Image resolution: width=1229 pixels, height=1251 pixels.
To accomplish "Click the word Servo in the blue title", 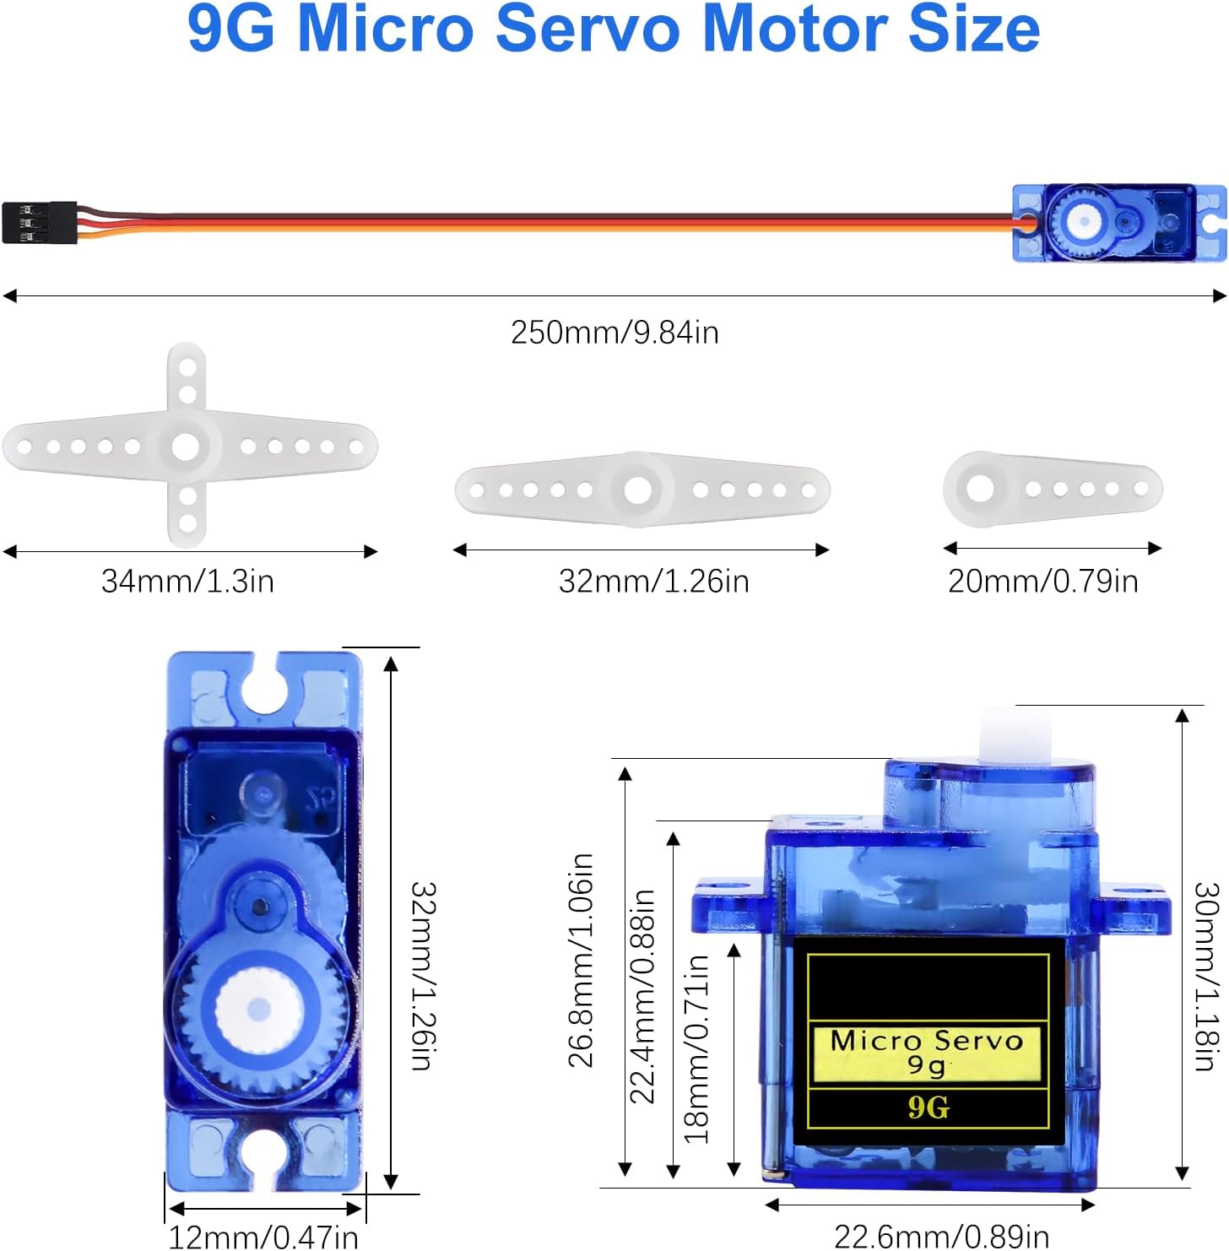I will coord(587,29).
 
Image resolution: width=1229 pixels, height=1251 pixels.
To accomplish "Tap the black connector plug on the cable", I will coord(39,223).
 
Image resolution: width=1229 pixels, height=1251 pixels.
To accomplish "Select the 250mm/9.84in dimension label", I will coord(614,333).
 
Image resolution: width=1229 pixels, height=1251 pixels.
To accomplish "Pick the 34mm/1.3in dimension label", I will coord(187,582).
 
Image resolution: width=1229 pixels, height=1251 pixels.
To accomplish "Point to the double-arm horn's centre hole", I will coord(638,490).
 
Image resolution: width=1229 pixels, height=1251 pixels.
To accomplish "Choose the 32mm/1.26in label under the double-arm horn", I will coord(653,582).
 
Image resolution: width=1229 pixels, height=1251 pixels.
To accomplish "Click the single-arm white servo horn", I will coord(1052,489).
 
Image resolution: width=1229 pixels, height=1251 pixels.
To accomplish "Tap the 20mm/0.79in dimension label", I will coord(1042,582).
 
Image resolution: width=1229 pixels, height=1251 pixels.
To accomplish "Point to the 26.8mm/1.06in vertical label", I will coord(581,961).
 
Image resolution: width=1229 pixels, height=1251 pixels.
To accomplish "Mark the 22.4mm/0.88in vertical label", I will coord(643,996).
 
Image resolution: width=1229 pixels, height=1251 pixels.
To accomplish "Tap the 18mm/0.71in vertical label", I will coord(696,1048).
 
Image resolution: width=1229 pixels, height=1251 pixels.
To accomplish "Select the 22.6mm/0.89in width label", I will coord(941,1237).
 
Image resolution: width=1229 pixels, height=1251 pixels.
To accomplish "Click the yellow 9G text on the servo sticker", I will coord(929,1107).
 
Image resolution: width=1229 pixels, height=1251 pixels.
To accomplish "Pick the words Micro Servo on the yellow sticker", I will coord(926,1041).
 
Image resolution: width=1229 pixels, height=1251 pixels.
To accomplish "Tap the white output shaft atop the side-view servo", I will coord(1015,734).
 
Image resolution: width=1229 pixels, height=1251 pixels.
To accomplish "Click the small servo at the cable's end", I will coord(1118,223).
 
